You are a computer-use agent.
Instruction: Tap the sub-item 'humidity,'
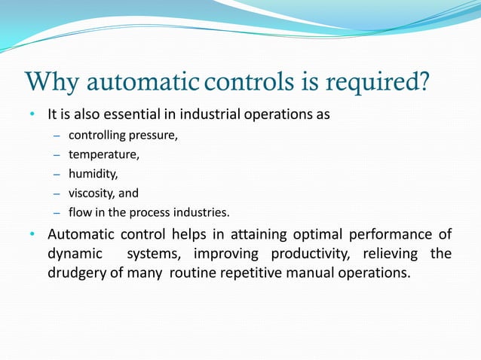point(93,174)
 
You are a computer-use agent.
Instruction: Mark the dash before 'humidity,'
point(57,174)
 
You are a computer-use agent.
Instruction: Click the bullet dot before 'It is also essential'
point(32,115)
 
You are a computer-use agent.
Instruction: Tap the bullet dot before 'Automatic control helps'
point(32,234)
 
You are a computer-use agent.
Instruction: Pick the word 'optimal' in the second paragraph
point(293,234)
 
